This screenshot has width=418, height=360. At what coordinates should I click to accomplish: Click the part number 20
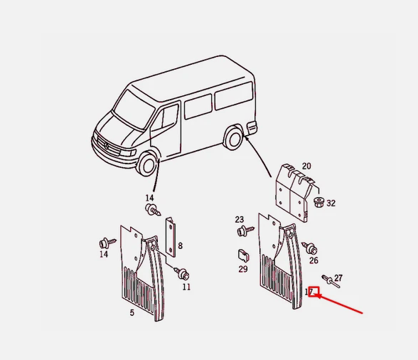[306, 166]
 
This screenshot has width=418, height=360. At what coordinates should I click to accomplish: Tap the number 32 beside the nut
[331, 203]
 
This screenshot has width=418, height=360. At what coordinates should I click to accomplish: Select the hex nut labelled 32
[318, 202]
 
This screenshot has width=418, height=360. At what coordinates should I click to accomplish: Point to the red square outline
[313, 292]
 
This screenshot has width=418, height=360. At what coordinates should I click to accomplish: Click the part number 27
[338, 278]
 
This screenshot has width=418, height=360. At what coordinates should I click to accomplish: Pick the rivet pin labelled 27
[331, 282]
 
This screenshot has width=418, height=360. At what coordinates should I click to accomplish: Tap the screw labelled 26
[309, 248]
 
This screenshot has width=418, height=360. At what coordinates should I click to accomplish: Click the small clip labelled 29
[243, 255]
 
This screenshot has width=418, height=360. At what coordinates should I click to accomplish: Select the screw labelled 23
[245, 231]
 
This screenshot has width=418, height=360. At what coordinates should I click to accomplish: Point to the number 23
[239, 219]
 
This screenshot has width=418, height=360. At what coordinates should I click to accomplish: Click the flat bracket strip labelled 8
[171, 237]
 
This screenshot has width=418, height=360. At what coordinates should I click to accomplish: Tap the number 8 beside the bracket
[181, 245]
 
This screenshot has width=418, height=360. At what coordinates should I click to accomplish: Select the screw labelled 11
[182, 273]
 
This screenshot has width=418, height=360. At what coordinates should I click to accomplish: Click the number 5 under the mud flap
[132, 313]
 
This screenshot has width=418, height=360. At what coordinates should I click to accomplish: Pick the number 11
[186, 287]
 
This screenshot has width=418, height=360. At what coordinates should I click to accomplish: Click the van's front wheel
[146, 164]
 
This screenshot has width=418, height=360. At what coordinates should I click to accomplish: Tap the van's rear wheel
[233, 139]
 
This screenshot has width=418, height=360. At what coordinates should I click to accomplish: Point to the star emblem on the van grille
[107, 146]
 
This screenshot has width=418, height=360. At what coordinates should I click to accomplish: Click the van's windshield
[134, 110]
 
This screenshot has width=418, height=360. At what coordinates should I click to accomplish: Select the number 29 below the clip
[243, 269]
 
